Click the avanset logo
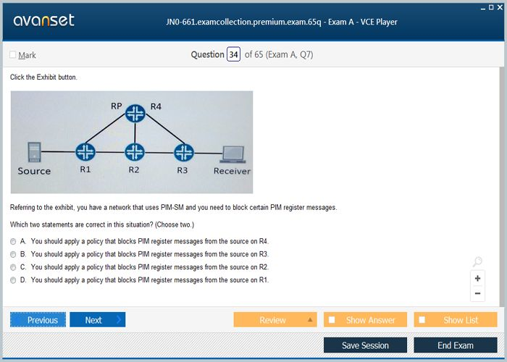tap(43, 21)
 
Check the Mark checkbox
tap(13, 54)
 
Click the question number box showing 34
tap(233, 54)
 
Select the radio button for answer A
tap(13, 241)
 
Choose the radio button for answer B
tap(13, 254)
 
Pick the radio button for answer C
tap(13, 267)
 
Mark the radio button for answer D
tap(13, 280)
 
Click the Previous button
tap(38, 320)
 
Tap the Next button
tap(97, 320)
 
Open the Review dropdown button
tap(275, 320)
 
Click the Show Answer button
tap(365, 320)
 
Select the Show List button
tap(456, 320)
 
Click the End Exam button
tap(456, 345)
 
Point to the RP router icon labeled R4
tap(135, 114)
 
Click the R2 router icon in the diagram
tap(135, 152)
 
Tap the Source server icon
tap(34, 152)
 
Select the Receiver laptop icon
tap(232, 154)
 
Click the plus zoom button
tap(477, 278)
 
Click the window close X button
tap(500, 7)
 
